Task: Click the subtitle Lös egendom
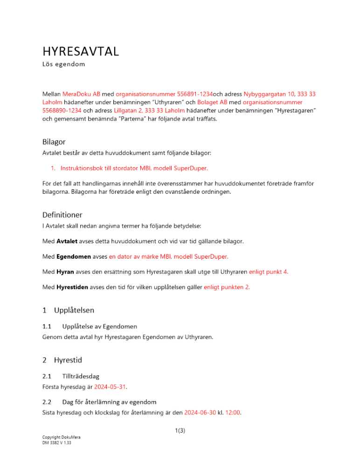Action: click(63, 64)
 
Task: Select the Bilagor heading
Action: click(55, 142)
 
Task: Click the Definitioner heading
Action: click(62, 215)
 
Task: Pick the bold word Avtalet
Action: click(67, 241)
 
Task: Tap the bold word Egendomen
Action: click(73, 256)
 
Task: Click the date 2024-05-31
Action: click(111, 387)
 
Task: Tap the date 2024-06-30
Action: click(201, 412)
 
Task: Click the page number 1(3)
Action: click(180, 431)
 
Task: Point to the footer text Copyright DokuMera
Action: click(58, 438)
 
